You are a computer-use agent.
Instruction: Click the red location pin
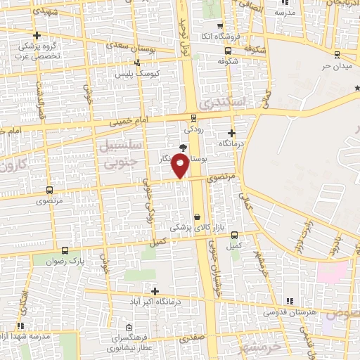(x=181, y=166)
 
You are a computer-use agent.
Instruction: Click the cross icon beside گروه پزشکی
(x=37, y=35)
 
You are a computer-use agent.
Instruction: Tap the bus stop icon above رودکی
(x=193, y=118)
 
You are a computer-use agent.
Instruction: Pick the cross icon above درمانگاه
(x=231, y=132)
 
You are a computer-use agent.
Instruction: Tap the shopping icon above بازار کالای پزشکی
(x=198, y=217)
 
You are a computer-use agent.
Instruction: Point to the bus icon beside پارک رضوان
(x=65, y=250)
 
